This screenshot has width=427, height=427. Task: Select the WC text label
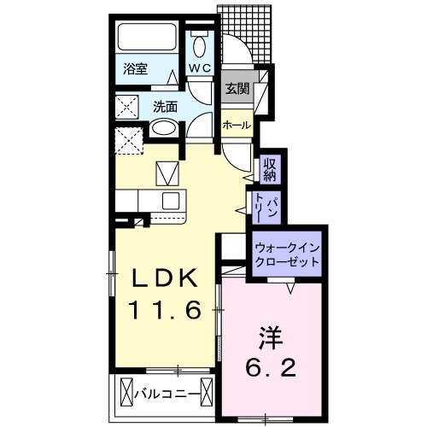200,67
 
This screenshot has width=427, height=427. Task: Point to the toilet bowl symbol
201,44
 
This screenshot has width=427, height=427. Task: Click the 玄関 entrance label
237,88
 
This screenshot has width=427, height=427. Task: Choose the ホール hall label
237,125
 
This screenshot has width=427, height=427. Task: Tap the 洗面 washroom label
165,108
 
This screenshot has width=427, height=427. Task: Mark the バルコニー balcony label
169,394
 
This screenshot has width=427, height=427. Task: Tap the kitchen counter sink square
170,202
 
